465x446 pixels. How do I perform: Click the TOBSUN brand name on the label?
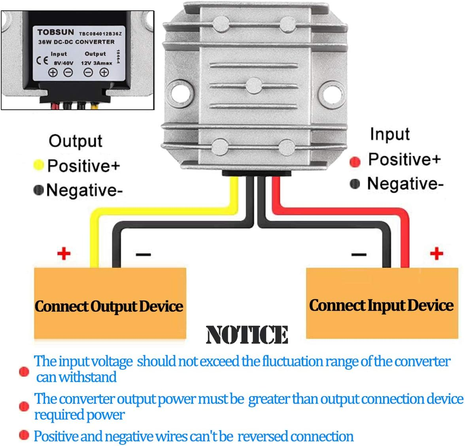[55, 32]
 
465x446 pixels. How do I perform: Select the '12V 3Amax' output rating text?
[96, 63]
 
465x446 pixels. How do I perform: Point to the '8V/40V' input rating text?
[63, 63]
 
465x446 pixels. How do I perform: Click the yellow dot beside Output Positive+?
[38, 165]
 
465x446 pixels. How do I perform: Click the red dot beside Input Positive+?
[355, 161]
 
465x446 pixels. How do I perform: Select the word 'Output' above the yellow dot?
[75, 141]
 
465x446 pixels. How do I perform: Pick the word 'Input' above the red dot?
[389, 134]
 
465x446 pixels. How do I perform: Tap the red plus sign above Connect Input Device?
[436, 253]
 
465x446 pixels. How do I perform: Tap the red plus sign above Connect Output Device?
[64, 253]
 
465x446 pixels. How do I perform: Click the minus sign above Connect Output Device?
[143, 254]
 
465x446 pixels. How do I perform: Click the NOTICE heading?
[247, 334]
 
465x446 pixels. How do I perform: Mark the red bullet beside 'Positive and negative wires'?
[24, 435]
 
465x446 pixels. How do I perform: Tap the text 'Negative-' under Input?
[405, 184]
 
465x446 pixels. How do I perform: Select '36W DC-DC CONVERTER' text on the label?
[76, 42]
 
